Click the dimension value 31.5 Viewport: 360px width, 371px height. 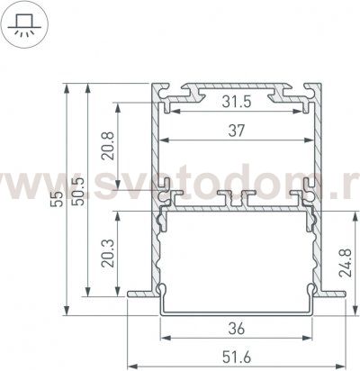[236, 102]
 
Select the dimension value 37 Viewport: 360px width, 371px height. [237, 131]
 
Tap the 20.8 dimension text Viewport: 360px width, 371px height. [108, 146]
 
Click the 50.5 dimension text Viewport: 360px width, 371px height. [78, 191]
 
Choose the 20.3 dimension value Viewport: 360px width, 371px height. [108, 253]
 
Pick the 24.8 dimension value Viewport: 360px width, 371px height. [345, 262]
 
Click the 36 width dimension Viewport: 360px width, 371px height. [237, 329]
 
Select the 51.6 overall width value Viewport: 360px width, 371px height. [237, 357]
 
